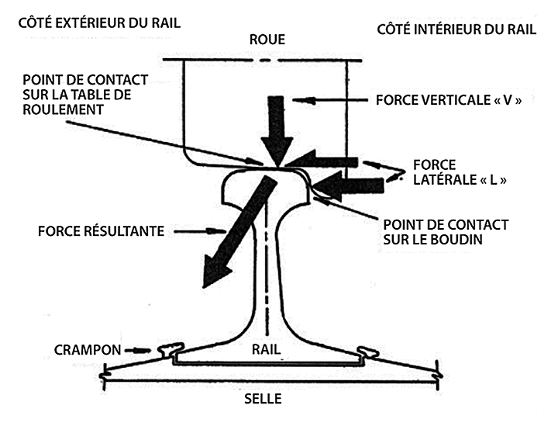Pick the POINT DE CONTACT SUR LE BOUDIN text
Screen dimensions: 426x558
[446, 232]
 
